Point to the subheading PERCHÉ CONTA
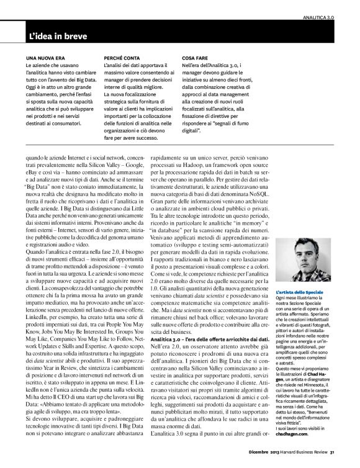click(122, 65)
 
